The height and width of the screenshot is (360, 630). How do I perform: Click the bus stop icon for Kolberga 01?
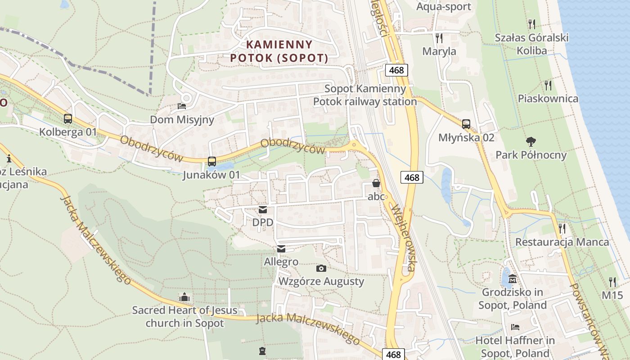click(68, 119)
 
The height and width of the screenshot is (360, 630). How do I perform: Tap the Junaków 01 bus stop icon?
click(211, 161)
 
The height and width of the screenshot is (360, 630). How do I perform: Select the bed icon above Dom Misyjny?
click(182, 106)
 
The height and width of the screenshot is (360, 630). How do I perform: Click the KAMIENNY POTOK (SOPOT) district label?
click(279, 51)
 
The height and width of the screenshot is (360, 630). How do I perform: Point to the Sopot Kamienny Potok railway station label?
click(365, 95)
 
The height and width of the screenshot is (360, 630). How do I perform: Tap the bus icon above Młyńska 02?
click(466, 124)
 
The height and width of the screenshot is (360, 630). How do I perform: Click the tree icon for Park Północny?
click(531, 142)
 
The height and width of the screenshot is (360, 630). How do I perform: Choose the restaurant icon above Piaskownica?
click(548, 85)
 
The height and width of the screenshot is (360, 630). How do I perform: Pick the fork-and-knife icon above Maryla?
click(439, 38)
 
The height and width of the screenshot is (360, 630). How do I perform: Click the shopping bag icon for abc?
click(376, 183)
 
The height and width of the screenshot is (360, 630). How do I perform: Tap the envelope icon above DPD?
click(263, 209)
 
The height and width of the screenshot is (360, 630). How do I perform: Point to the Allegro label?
click(281, 261)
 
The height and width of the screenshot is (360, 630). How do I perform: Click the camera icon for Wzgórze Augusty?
click(321, 268)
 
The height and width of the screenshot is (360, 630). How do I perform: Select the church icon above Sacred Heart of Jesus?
click(184, 297)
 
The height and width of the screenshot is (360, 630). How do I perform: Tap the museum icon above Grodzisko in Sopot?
click(513, 279)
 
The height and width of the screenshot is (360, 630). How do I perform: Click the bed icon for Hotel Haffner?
click(515, 327)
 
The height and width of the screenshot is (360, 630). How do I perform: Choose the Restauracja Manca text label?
click(562, 242)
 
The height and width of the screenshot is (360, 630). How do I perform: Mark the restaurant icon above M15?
click(612, 282)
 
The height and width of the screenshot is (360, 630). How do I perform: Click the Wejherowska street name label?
click(403, 238)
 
